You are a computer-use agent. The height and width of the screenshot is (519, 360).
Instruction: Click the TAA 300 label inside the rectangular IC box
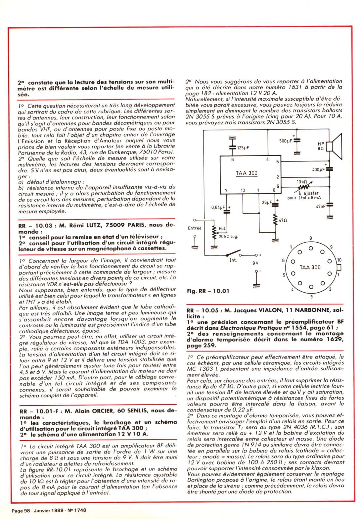point(246,173)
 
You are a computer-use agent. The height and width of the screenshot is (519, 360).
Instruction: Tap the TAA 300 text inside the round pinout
point(310,267)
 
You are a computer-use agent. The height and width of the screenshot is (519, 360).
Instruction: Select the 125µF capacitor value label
point(243,148)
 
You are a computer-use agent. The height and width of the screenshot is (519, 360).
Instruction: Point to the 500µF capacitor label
point(286,141)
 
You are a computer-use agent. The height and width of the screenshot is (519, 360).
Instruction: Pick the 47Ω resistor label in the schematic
point(283,220)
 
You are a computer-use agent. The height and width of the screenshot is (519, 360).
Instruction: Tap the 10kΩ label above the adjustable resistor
point(302,182)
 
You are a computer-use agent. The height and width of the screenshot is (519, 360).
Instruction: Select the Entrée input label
point(195,228)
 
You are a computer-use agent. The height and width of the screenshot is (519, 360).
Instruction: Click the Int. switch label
point(233,260)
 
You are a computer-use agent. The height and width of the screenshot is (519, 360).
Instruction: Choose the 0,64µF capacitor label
point(218,208)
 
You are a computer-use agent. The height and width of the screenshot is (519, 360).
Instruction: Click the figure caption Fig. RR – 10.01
point(208,291)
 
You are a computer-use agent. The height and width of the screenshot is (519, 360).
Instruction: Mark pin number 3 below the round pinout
point(311,297)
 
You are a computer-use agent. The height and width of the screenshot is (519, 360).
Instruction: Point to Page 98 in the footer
point(21,510)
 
